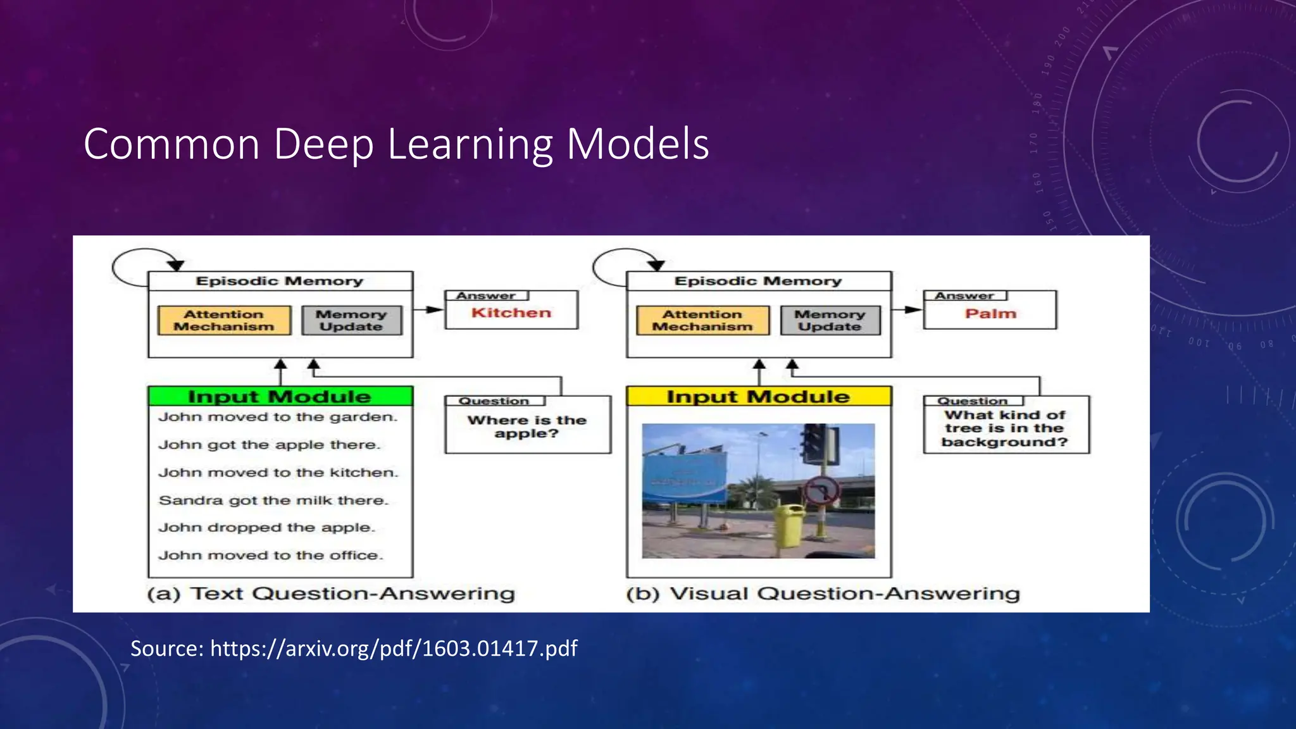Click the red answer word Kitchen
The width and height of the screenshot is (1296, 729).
[x=511, y=313]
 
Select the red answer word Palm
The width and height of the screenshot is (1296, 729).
[x=990, y=313]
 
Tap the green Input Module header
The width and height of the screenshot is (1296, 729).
[x=280, y=396]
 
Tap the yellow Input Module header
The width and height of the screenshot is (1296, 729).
[x=758, y=396]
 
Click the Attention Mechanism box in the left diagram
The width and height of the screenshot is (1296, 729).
[x=224, y=320]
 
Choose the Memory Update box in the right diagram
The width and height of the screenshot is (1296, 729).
[x=830, y=320]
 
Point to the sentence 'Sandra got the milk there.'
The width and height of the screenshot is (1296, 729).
[x=273, y=501]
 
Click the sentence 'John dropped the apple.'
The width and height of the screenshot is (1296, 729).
[x=266, y=528]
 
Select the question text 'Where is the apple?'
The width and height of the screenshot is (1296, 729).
[x=526, y=427]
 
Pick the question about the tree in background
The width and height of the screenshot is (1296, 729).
[x=1004, y=428]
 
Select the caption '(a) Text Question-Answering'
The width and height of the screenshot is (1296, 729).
[x=331, y=594]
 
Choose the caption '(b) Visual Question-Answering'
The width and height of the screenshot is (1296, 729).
[x=823, y=594]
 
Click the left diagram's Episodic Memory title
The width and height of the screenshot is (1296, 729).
[x=280, y=281]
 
